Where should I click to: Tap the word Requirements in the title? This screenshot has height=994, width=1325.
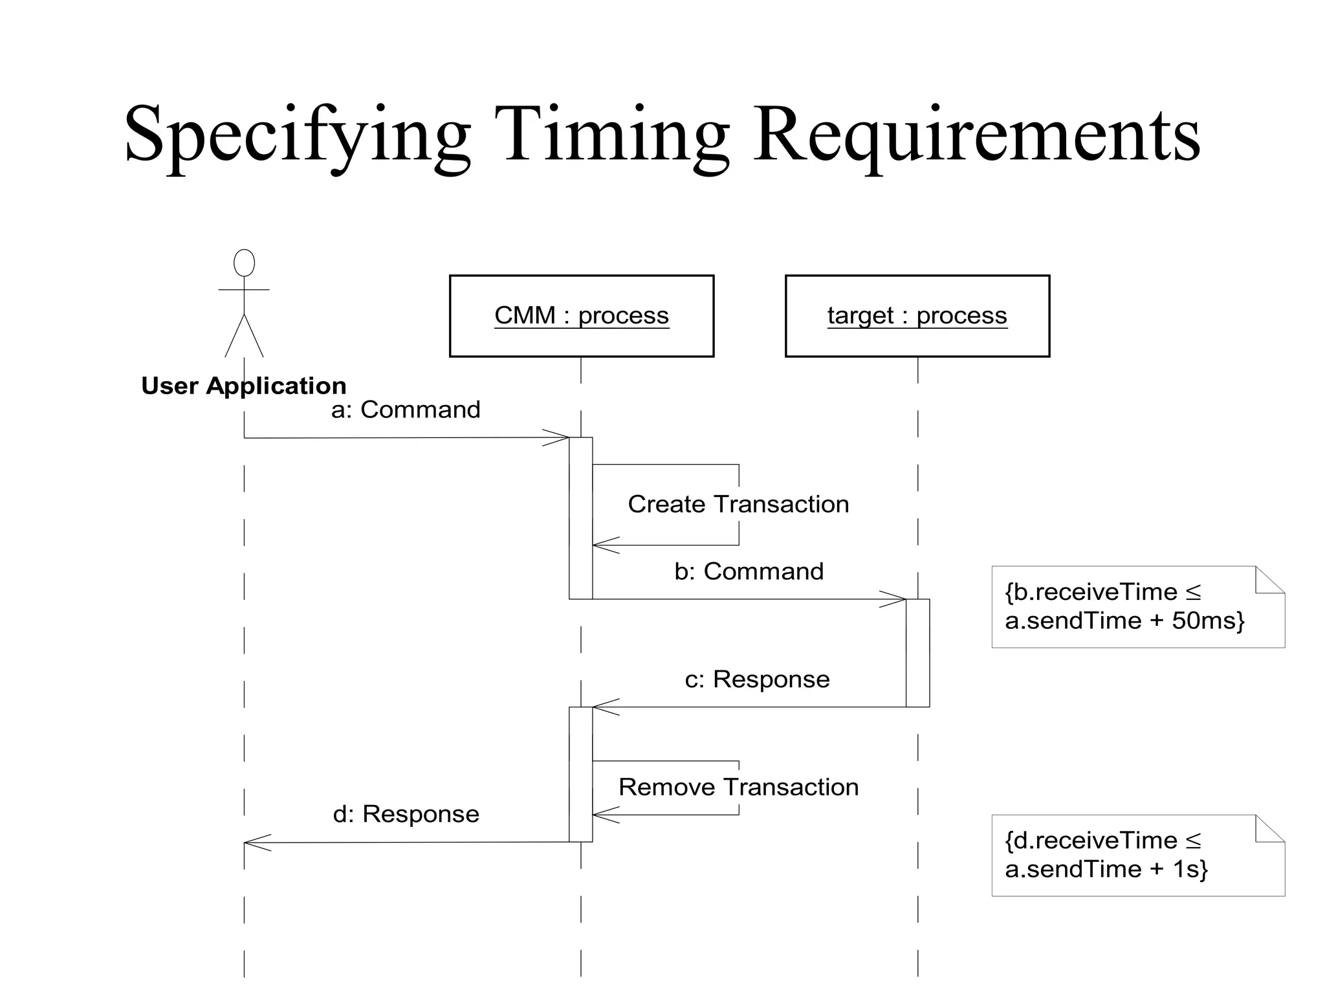tap(977, 136)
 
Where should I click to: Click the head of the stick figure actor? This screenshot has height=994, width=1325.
tap(244, 263)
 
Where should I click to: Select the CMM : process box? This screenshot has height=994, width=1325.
tap(581, 316)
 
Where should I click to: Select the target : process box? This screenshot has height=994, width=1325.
tap(917, 316)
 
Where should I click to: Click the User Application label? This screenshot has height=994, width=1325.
tap(244, 386)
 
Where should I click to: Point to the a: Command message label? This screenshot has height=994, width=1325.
tap(406, 410)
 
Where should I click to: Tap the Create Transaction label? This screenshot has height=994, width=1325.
tap(738, 504)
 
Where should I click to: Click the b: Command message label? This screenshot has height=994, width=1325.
tap(749, 571)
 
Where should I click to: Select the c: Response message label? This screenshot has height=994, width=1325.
tap(757, 679)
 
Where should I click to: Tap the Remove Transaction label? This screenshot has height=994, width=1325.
tap(738, 788)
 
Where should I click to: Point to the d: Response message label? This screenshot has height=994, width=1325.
tap(406, 814)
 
